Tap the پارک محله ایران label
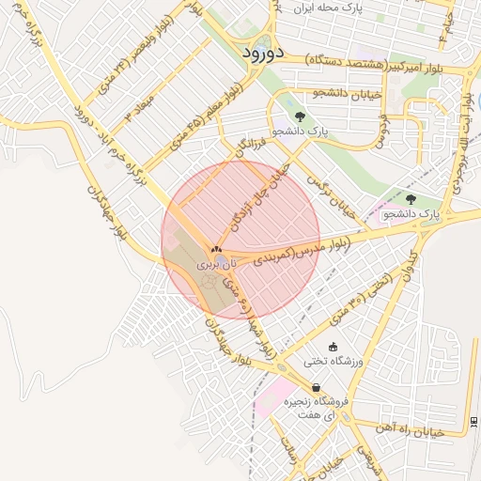tap(340, 8)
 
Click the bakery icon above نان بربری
tap(216, 250)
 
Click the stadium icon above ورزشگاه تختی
tap(333, 346)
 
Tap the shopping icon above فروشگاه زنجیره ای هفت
tap(316, 387)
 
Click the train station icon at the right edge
tap(473, 420)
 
